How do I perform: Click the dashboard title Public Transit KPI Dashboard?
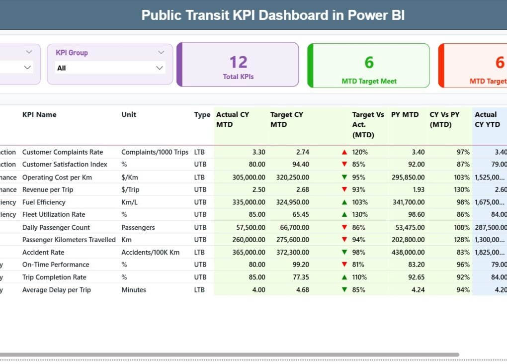pos(273,15)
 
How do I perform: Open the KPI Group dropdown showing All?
pos(110,68)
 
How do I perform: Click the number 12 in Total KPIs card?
pos(238,62)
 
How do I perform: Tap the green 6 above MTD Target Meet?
pos(369,62)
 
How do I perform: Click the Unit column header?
pos(129,114)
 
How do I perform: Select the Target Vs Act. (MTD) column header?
pos(368,124)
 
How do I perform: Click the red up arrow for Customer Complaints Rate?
pos(344,152)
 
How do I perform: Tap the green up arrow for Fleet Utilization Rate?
pos(344,215)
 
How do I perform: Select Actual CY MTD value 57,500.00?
pos(249,227)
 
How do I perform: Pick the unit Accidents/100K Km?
pos(150,252)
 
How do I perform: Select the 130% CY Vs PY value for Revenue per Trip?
pos(462,189)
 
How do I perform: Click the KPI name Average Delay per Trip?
pos(56,290)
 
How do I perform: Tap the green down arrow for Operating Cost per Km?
pos(344,177)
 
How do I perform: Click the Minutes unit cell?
pos(134,290)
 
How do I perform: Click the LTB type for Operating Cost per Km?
pos(200,177)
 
